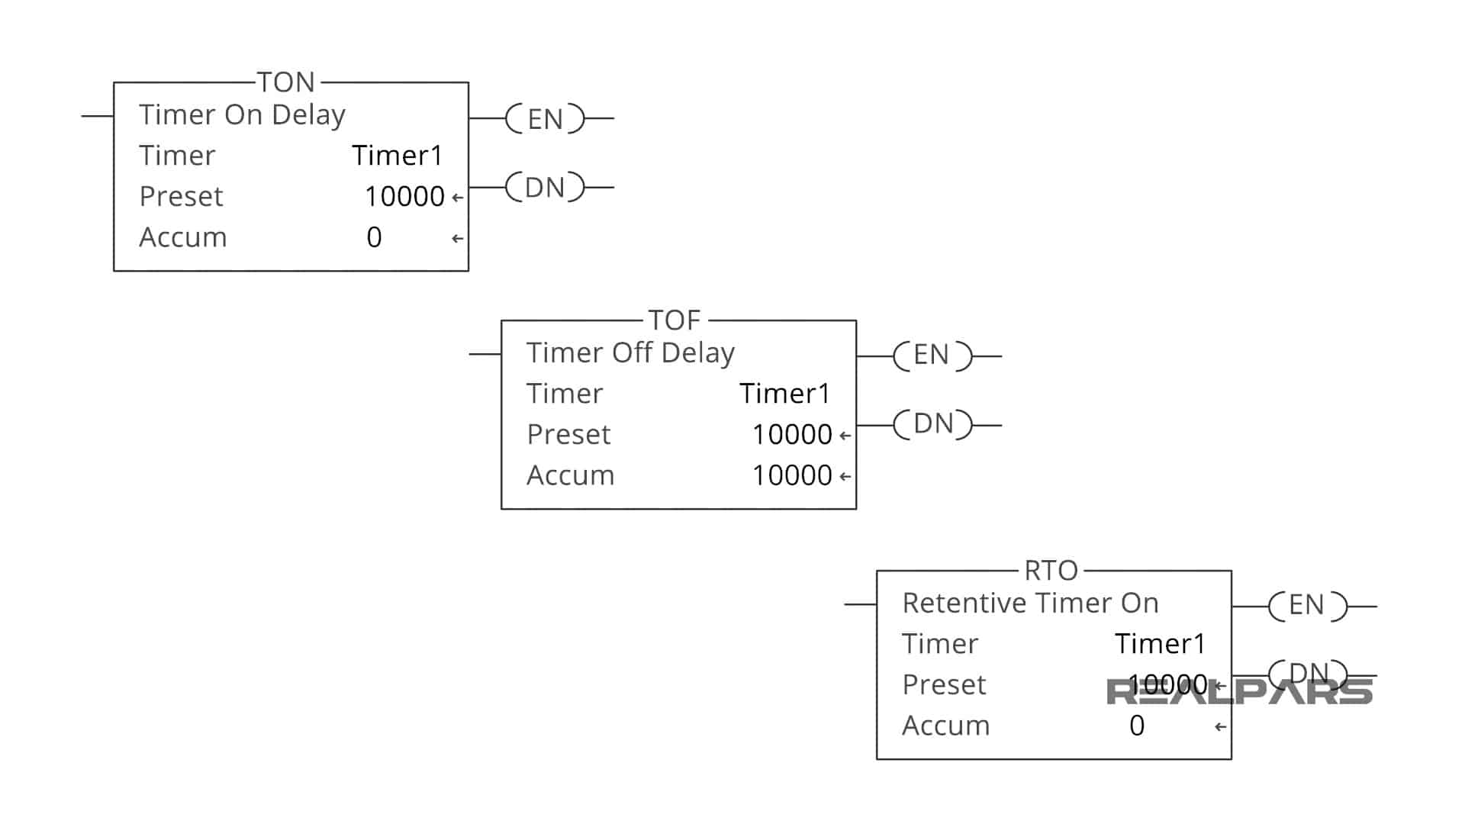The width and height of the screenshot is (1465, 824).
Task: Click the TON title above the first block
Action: click(x=285, y=82)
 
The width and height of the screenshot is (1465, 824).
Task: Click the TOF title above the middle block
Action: click(x=674, y=320)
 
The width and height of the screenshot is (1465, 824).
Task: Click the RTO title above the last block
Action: click(x=1051, y=570)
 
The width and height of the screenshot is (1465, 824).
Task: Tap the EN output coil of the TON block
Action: click(x=545, y=119)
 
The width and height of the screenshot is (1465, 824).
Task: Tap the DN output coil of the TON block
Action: click(x=545, y=187)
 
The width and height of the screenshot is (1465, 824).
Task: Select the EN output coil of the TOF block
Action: click(x=932, y=356)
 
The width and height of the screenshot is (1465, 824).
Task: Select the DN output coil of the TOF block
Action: click(x=932, y=424)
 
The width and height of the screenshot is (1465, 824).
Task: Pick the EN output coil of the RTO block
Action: click(x=1307, y=606)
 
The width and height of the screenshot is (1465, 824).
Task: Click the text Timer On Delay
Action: click(x=242, y=114)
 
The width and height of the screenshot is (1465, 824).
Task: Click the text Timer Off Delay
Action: click(x=630, y=352)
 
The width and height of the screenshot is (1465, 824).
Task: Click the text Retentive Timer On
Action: click(x=1030, y=603)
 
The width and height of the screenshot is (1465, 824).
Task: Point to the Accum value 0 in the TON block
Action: click(x=374, y=237)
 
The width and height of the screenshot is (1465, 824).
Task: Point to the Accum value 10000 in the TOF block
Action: click(x=792, y=475)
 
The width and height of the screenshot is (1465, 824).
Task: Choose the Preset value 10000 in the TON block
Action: click(x=404, y=196)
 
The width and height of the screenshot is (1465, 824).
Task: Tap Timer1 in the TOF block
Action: click(x=784, y=394)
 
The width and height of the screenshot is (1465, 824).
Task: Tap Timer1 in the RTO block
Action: click(x=1160, y=644)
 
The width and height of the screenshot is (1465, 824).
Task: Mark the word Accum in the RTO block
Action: click(x=945, y=726)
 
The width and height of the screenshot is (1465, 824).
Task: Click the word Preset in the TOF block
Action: click(x=568, y=434)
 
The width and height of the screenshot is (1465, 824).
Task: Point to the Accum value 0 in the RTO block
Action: click(x=1137, y=726)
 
